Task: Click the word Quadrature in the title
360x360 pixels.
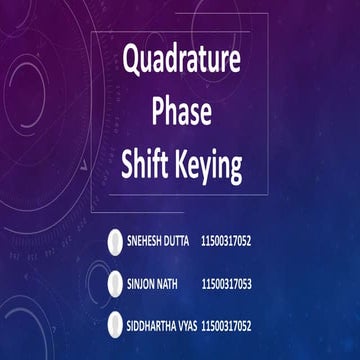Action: [x=182, y=61]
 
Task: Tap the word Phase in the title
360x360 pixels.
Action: [x=181, y=114]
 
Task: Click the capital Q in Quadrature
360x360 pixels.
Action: [x=131, y=61]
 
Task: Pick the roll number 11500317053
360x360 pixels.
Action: [x=226, y=284]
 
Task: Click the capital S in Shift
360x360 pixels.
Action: [x=127, y=166]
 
